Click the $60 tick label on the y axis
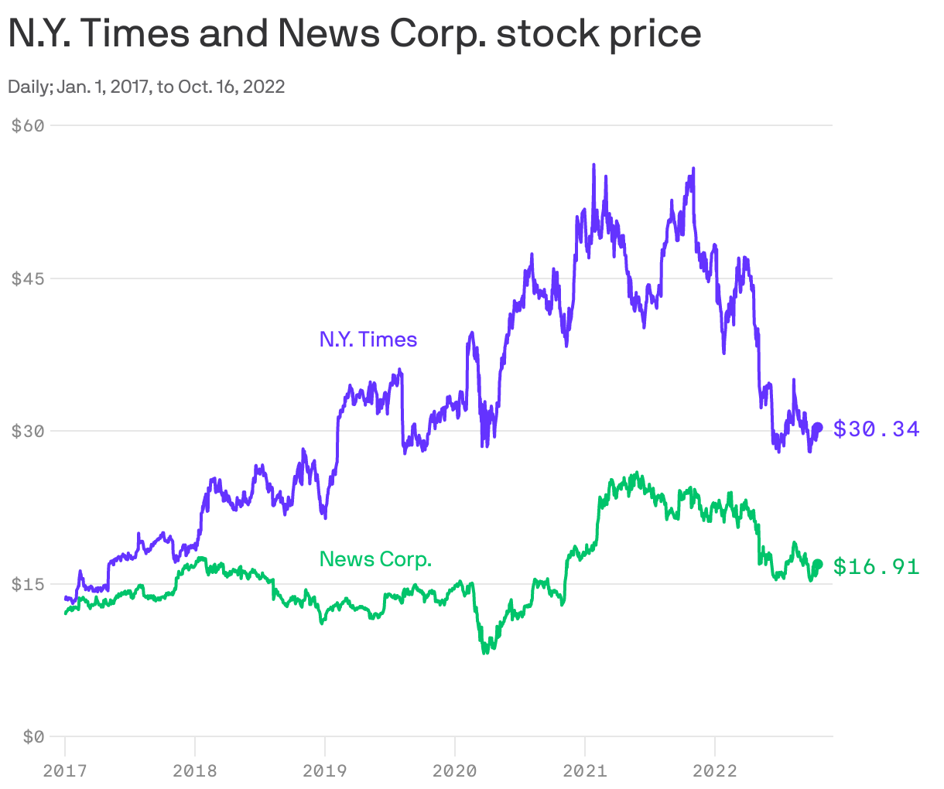[x=28, y=125]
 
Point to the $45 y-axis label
[x=28, y=278]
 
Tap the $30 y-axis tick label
[x=28, y=431]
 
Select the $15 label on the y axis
[x=28, y=584]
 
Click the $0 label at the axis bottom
[x=33, y=736]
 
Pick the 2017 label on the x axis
[x=65, y=770]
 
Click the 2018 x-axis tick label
[x=195, y=770]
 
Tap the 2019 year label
[x=325, y=770]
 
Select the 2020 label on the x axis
[x=455, y=770]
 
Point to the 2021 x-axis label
[x=585, y=770]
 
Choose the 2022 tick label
[x=715, y=770]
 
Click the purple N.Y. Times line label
[x=368, y=340]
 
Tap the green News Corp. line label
[x=376, y=559]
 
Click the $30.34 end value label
[x=877, y=429]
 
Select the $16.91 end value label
[x=877, y=567]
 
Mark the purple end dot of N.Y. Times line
[x=818, y=428]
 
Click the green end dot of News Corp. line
[x=818, y=565]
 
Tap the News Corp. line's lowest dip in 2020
[x=485, y=652]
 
